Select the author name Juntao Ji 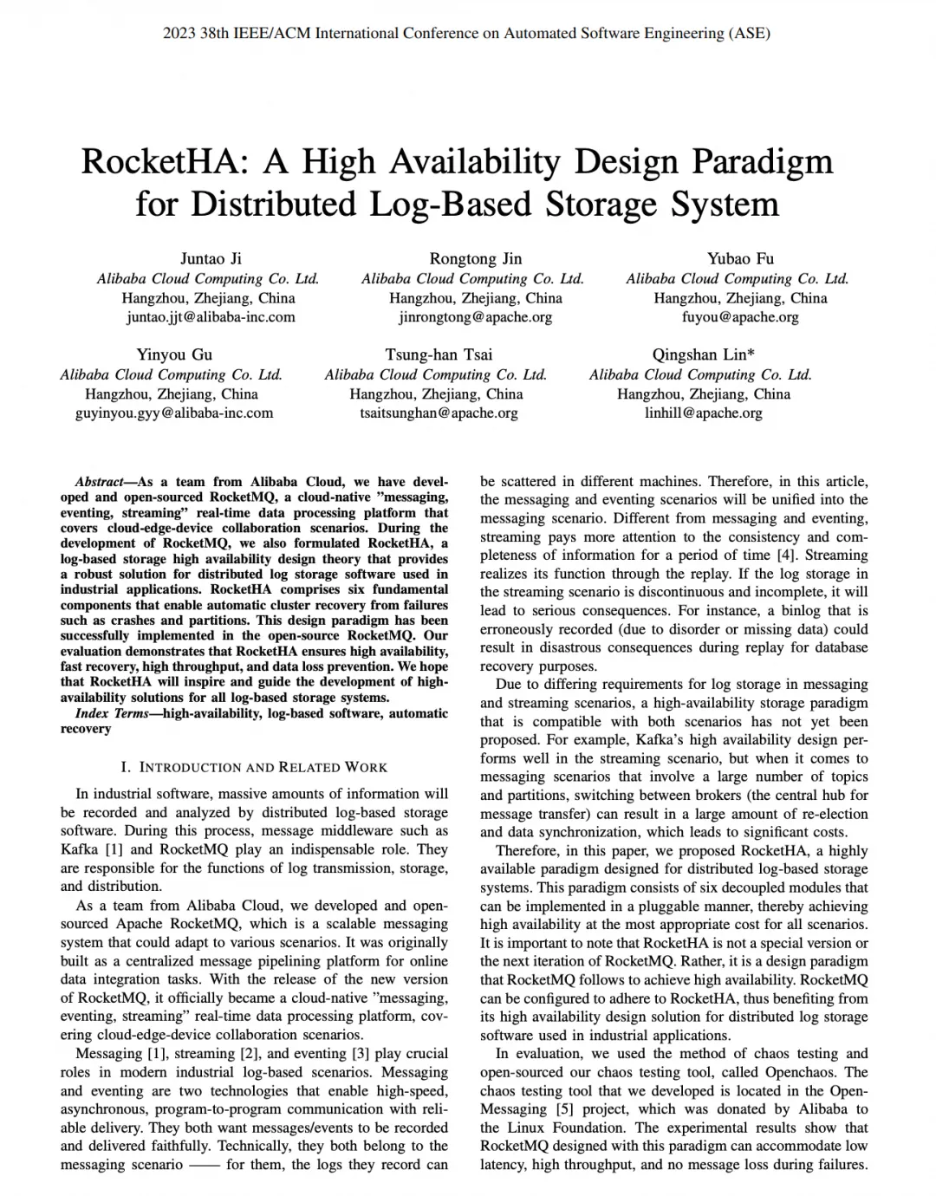click(211, 258)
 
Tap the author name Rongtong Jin click(476, 258)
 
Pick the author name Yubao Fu click(740, 258)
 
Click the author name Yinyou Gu click(174, 354)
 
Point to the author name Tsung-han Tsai click(439, 354)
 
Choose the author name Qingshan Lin click(703, 354)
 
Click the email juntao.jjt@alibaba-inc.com click(211, 317)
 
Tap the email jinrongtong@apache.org click(476, 317)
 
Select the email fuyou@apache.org click(740, 317)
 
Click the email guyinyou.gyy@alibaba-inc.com click(174, 413)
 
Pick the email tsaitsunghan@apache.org click(439, 413)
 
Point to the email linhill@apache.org click(703, 413)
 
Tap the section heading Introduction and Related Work click(255, 767)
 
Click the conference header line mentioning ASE click(467, 34)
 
